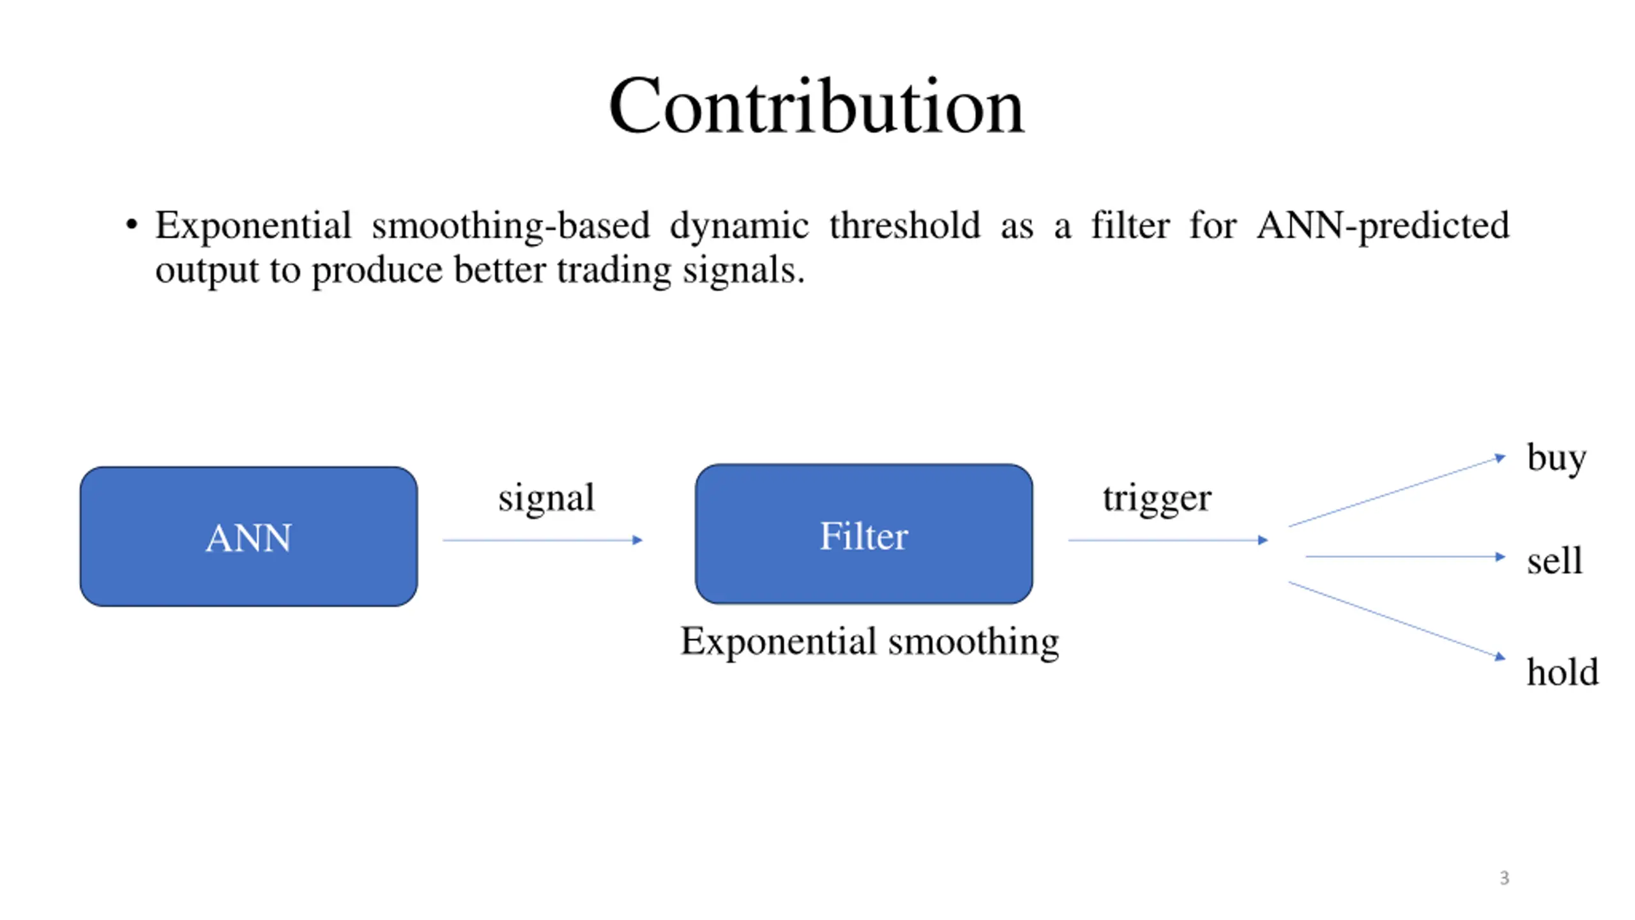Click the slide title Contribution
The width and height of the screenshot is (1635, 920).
click(x=816, y=106)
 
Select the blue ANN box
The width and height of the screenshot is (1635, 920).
click(x=248, y=537)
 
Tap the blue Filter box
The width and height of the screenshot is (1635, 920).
click(x=863, y=534)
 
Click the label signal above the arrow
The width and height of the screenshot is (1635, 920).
click(x=546, y=498)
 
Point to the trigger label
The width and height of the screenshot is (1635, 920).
click(x=1157, y=498)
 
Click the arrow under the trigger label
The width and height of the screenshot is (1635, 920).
click(x=1167, y=540)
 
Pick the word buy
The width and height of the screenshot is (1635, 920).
click(x=1556, y=458)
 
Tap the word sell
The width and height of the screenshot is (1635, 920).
click(x=1555, y=561)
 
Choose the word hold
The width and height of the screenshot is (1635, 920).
click(x=1562, y=672)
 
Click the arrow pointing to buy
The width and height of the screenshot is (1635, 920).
click(x=1396, y=491)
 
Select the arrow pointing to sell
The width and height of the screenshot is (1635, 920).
click(x=1405, y=556)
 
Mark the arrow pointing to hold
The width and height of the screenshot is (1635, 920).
click(x=1396, y=619)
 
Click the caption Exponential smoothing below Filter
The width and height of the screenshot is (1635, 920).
click(x=869, y=641)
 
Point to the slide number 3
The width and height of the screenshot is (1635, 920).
click(x=1504, y=878)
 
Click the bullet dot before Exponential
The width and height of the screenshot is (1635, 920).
click(x=132, y=225)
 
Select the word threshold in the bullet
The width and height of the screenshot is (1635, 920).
click(x=904, y=226)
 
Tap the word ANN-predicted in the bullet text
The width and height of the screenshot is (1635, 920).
click(x=1383, y=226)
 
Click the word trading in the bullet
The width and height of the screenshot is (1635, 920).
click(x=614, y=270)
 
